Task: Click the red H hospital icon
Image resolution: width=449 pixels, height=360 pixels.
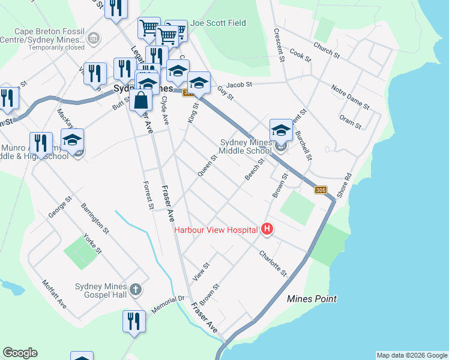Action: tap(267, 229)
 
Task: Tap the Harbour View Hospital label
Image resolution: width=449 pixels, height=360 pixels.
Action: tap(216, 229)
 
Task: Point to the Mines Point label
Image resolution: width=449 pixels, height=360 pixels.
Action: tap(312, 299)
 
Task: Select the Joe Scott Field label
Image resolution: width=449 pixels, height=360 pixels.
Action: tap(218, 23)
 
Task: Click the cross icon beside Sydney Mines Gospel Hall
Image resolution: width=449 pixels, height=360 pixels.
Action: tap(136, 290)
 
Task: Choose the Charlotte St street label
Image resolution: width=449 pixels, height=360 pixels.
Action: tap(274, 263)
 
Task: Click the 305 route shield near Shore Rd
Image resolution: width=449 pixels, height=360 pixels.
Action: tap(321, 190)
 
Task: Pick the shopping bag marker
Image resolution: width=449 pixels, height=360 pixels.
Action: tap(140, 101)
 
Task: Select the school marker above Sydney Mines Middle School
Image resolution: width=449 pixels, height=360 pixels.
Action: tap(280, 130)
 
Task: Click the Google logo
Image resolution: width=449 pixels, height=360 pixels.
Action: tap(20, 353)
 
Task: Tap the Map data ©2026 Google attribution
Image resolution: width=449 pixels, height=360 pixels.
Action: tap(412, 355)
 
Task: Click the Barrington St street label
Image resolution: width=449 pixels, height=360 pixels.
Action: tap(96, 217)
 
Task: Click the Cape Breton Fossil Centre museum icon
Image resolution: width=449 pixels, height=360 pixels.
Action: tap(93, 40)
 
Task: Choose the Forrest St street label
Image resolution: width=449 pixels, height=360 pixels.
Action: tap(148, 196)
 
